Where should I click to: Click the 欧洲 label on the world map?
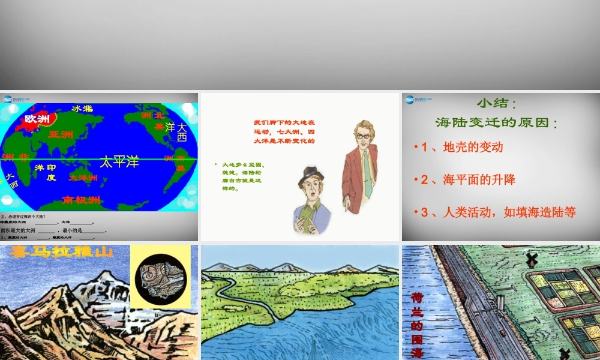click(37, 119)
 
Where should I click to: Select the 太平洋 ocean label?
click(119, 161)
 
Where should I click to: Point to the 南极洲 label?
click(82, 200)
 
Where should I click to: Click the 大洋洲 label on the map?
click(83, 178)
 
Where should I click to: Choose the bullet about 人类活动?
click(498, 212)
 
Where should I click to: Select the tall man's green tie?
click(367, 174)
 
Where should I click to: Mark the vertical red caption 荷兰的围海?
click(418, 324)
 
